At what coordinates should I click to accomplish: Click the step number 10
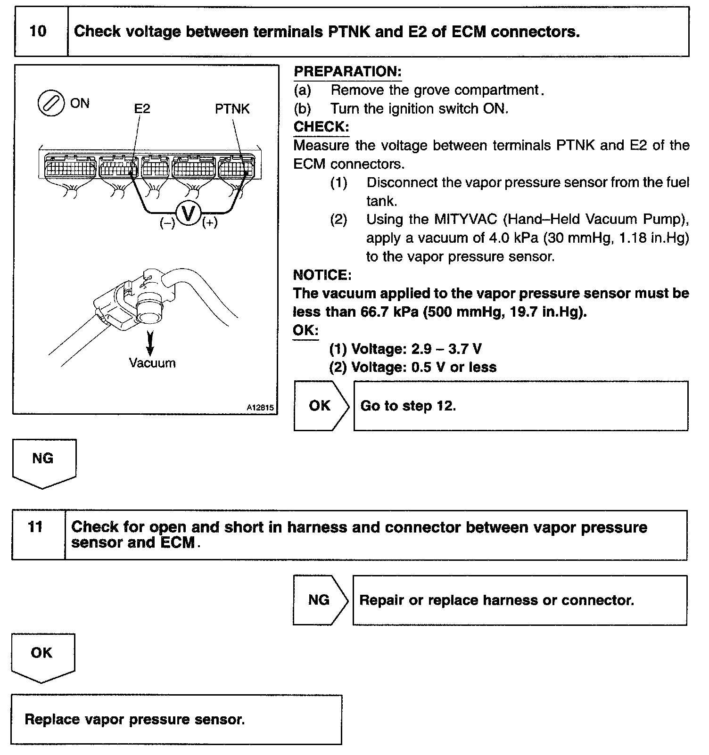pos(38,32)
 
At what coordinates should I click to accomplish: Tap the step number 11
pos(36,527)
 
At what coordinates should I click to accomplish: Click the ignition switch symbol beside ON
pos(50,104)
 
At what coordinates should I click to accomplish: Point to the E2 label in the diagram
pos(142,109)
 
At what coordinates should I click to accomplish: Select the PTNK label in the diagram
pos(232,109)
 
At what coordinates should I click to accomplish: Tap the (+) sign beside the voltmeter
pos(210,223)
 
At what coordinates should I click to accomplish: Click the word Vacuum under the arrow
pos(152,363)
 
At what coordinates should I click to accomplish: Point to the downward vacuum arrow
pos(150,343)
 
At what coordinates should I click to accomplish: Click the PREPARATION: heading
pos(347,72)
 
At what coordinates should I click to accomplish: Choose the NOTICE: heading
pos(322,275)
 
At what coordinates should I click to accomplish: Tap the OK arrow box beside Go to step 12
pos(320,406)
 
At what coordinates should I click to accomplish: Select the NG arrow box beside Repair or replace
pos(319,600)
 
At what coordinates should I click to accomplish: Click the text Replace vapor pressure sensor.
pos(135,720)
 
